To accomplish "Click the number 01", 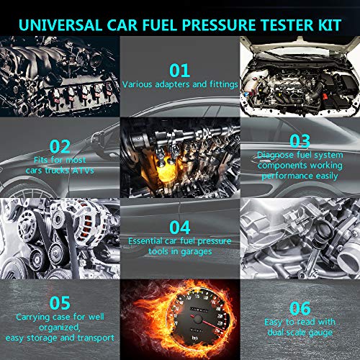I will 179,70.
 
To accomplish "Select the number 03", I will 298,140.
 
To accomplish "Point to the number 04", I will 179,226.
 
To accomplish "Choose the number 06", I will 299,305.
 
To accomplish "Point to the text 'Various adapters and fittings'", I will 179,84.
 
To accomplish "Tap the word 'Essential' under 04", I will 150,240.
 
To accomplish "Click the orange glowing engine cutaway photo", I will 180,157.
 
